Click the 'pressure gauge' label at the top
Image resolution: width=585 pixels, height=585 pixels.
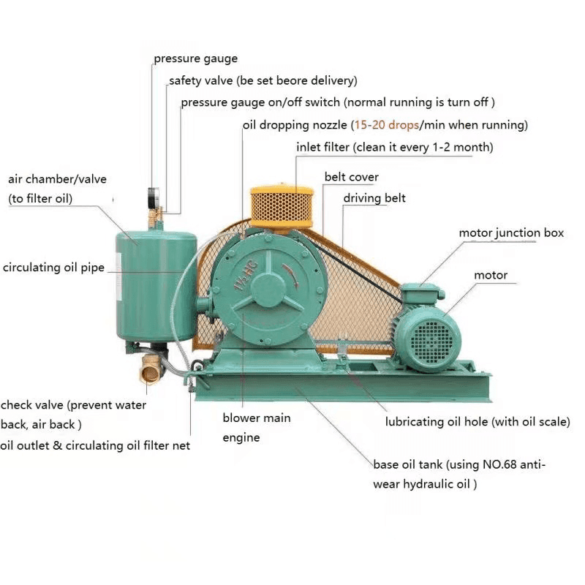point(195,58)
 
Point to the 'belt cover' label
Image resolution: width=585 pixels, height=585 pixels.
point(352,177)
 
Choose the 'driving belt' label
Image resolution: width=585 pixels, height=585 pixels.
point(374,198)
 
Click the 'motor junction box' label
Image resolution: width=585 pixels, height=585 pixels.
point(511,233)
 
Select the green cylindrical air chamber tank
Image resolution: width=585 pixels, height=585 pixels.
point(156,285)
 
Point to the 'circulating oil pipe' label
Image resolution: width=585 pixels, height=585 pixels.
point(53,268)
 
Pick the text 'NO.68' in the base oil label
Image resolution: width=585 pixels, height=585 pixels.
point(501,464)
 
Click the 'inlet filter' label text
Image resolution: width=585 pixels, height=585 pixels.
point(322,147)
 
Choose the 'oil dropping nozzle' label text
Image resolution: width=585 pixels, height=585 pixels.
point(295,125)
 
